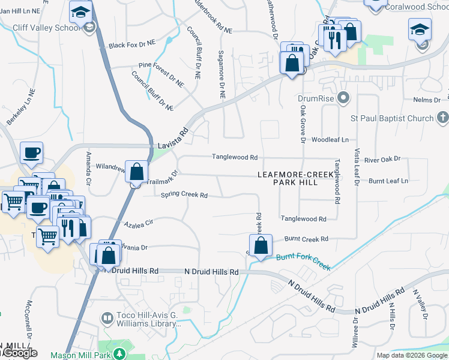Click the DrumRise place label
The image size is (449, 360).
coord(315,97)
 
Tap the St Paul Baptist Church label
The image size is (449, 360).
coord(399,118)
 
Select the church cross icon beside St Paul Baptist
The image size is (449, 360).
coord(442,118)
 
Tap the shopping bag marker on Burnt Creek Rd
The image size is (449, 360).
coord(261,245)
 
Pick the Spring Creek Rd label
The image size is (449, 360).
coord(184,195)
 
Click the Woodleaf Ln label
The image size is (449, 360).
coord(334,140)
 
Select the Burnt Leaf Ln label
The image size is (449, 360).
coord(388,181)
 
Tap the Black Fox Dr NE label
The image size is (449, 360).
coord(132,45)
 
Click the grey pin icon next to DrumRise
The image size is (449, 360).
coord(343,97)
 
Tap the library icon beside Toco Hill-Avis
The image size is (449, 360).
coord(107,318)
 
